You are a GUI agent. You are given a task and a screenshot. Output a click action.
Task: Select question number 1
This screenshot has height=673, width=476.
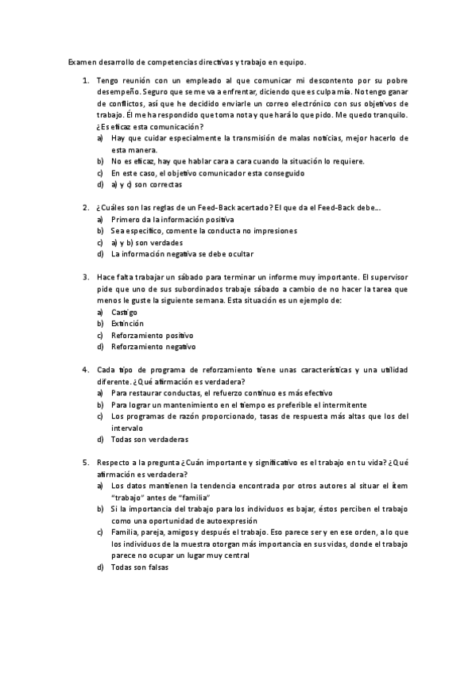pos(85,81)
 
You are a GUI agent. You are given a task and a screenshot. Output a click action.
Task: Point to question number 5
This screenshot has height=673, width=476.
pos(85,462)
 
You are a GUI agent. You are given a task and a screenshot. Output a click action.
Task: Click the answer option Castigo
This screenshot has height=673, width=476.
pos(125,313)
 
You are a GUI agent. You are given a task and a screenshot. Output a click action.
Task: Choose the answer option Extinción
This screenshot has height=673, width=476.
pos(127,324)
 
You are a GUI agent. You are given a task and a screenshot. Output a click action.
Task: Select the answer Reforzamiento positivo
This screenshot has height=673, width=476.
pos(153,335)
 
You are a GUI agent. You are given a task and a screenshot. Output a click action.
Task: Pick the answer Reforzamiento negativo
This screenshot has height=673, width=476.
pos(153,347)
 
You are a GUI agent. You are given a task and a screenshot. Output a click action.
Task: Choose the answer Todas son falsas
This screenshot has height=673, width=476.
pos(141,567)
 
